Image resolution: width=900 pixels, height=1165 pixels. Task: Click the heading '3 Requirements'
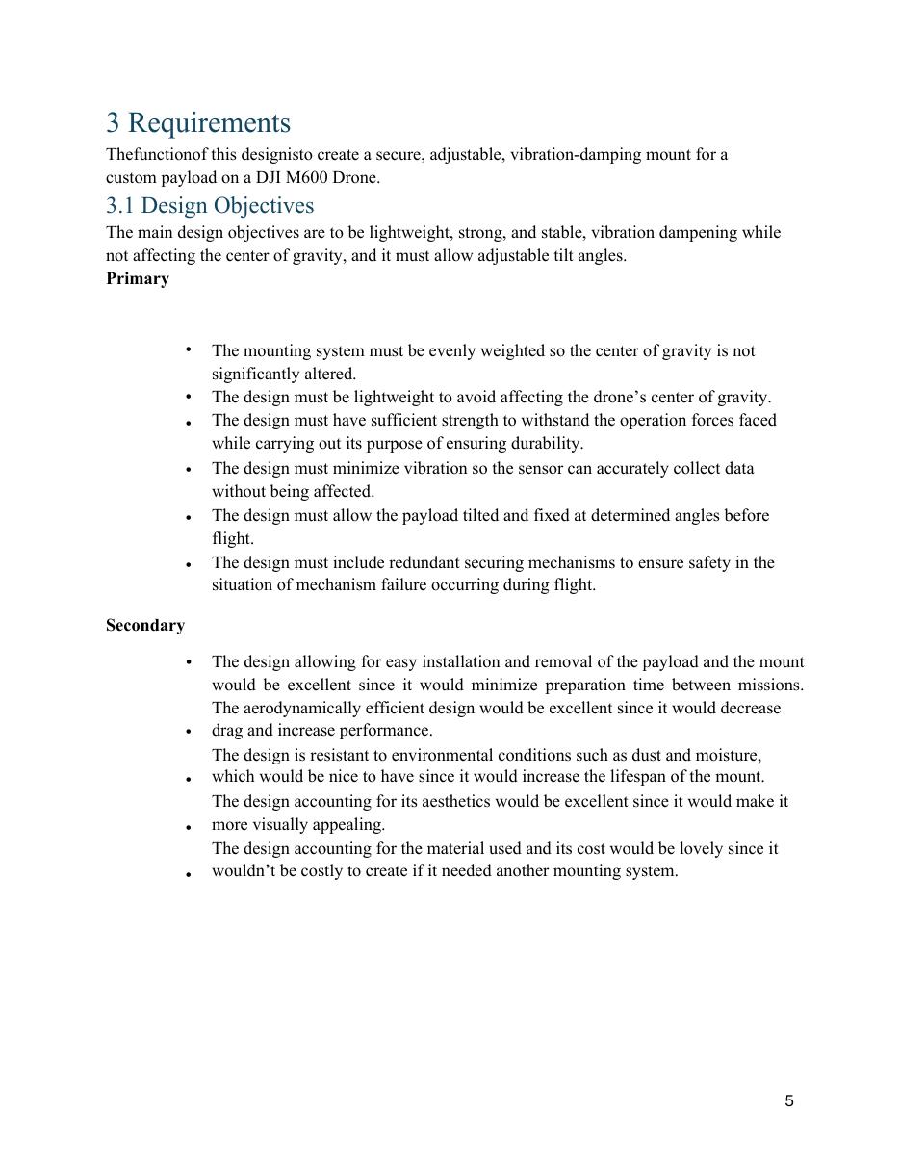point(197,123)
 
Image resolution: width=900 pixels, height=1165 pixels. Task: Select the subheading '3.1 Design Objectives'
point(210,206)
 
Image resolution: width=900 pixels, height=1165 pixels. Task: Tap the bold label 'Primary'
point(138,279)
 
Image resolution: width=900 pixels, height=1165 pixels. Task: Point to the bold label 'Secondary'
point(145,626)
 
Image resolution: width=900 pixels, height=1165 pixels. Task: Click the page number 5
point(789,1101)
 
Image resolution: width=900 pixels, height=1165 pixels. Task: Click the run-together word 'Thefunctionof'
point(157,155)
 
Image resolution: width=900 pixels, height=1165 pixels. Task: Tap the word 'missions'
point(770,686)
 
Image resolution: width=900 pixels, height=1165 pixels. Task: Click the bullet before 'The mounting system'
point(189,349)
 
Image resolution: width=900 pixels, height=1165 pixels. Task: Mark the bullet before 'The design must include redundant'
point(189,564)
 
